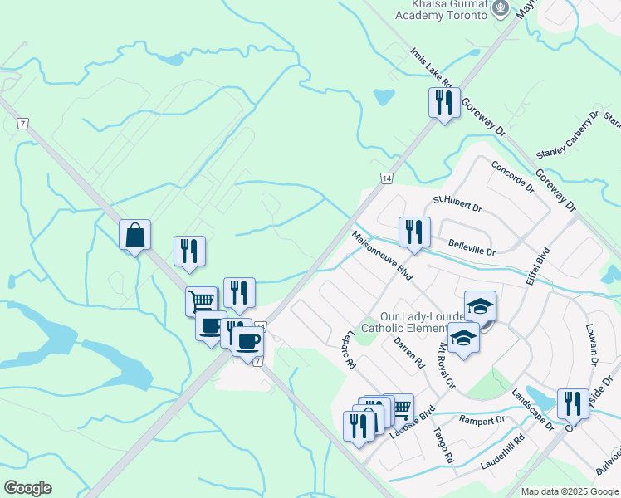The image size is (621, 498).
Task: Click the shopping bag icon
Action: pos(134,235)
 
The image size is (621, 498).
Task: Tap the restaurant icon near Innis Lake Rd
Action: pos(443,103)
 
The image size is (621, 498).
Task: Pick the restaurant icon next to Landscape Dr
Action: pos(573,404)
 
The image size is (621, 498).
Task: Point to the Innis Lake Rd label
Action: pos(430,67)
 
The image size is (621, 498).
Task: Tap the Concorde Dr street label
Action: pos(512,176)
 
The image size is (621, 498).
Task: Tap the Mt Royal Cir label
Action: pos(446,370)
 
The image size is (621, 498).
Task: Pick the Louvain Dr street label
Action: pos(592,344)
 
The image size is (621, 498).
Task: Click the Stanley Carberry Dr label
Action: pos(568,134)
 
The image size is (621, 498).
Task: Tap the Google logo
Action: pos(27,488)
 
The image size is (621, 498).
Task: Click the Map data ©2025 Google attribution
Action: pos(569,491)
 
